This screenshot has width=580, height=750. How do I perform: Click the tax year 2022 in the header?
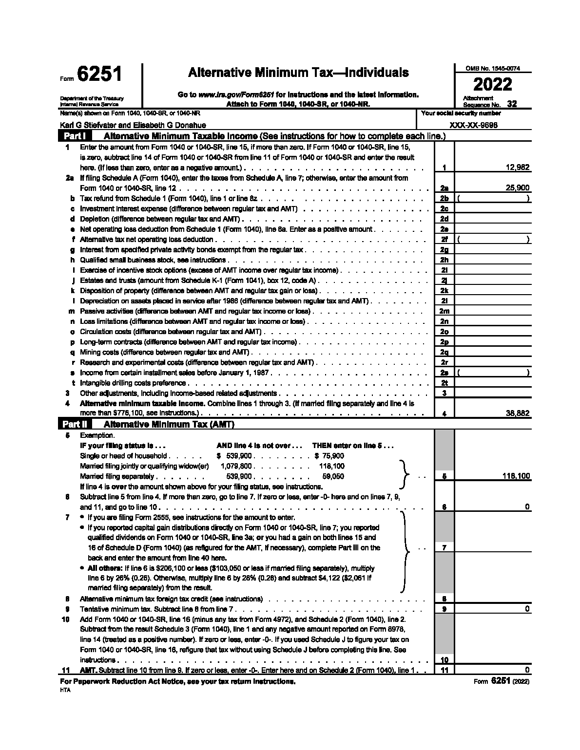(493, 84)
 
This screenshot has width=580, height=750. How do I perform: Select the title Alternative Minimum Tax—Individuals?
(298, 73)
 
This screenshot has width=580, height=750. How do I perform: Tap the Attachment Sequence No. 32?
(511, 104)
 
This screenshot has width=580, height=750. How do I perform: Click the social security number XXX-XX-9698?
(473, 125)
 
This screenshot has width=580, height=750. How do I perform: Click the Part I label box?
(76, 136)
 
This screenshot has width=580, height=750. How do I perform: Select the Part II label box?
(76, 424)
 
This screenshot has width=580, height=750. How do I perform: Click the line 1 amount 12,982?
(517, 168)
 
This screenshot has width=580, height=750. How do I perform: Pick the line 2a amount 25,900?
(517, 188)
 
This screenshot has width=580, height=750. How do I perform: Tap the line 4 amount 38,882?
(517, 413)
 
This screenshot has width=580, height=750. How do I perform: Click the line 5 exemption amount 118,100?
(516, 476)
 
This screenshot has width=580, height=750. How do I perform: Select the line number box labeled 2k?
(444, 290)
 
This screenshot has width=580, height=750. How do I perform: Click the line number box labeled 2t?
(444, 383)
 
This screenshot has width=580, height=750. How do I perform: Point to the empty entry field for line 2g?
(492, 249)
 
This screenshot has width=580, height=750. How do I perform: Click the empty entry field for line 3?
(492, 393)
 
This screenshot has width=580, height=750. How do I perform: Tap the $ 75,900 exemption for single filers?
(329, 456)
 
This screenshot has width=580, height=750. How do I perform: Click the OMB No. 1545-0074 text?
(492, 69)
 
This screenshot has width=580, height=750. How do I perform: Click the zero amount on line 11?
(527, 670)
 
